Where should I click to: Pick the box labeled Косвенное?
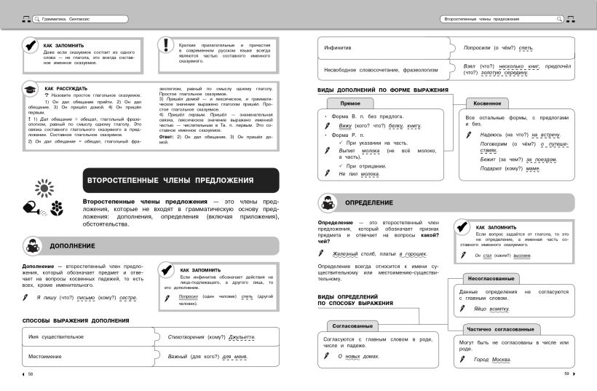coord(487,104)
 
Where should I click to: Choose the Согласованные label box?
coord(352,325)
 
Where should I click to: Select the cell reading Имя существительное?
coord(57,337)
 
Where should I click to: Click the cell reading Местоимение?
coord(45,357)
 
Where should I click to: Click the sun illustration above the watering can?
coord(44,190)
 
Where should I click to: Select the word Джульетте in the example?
coord(242,337)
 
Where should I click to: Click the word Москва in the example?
coord(501,360)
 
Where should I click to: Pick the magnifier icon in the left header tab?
coord(36,18)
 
